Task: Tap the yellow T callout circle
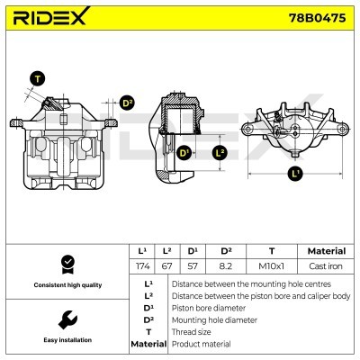[x=37, y=78]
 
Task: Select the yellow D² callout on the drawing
[x=127, y=103]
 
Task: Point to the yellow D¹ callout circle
[x=184, y=153]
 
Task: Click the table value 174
[x=141, y=267]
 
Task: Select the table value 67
[x=167, y=267]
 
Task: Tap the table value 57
[x=193, y=267]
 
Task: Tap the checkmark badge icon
[x=66, y=263]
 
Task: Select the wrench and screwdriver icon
[x=66, y=319]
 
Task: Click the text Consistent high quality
[x=66, y=285]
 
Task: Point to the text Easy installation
[x=66, y=340]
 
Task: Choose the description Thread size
[x=193, y=331]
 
